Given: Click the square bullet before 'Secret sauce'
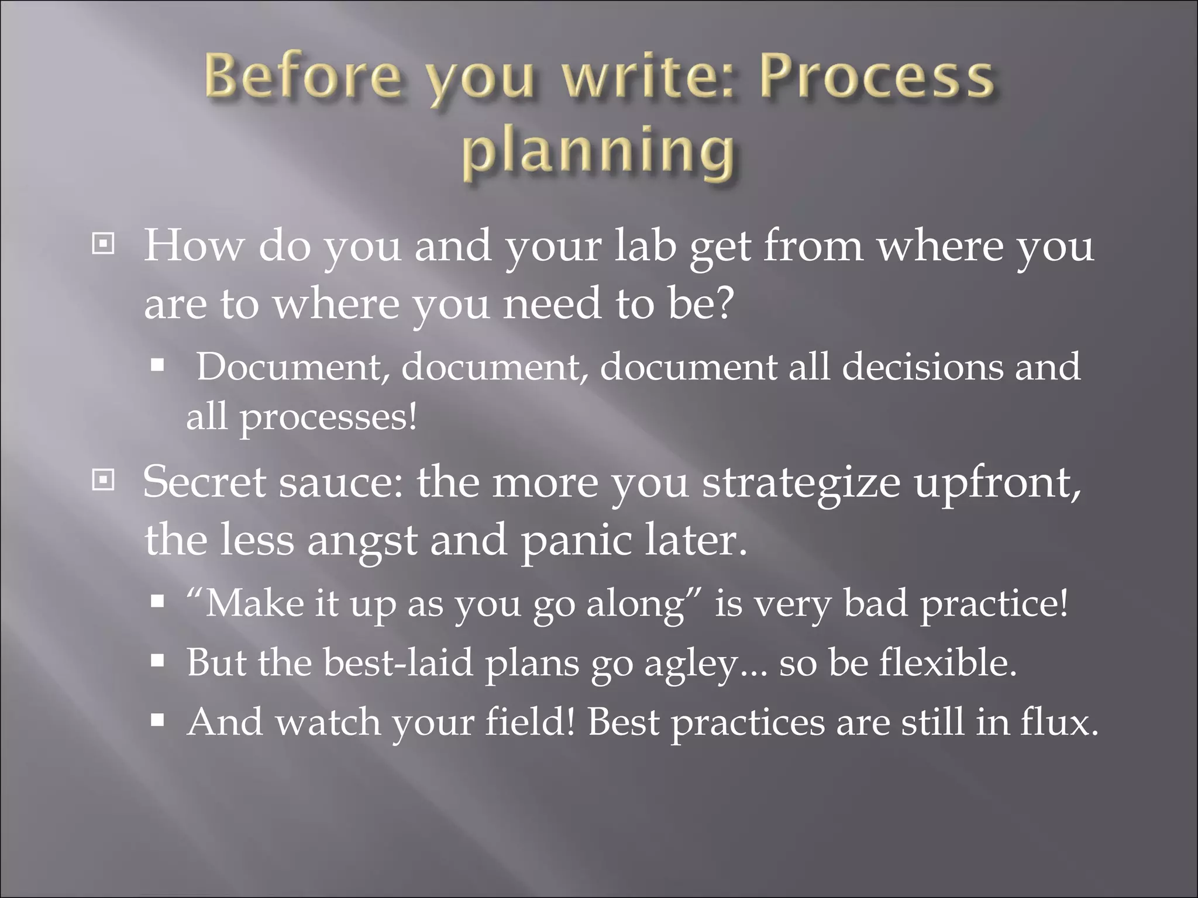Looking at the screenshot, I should [x=104, y=481].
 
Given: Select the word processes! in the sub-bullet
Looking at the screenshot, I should [x=329, y=418].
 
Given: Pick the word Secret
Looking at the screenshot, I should [x=204, y=482].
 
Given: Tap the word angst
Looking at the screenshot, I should [x=362, y=541].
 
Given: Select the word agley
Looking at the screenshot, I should [x=692, y=665].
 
